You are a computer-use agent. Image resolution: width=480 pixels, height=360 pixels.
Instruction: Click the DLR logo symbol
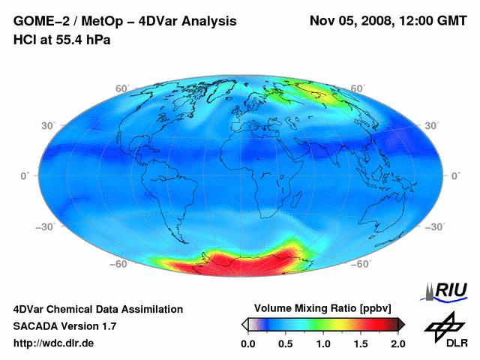point(442,327)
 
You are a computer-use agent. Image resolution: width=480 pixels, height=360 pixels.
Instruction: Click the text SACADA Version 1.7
point(65,326)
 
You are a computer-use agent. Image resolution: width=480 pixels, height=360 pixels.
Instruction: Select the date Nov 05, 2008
point(351,20)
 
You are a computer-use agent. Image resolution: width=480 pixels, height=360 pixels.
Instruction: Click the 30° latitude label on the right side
point(433,125)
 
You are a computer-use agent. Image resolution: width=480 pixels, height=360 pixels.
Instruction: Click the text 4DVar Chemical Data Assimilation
point(98,309)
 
